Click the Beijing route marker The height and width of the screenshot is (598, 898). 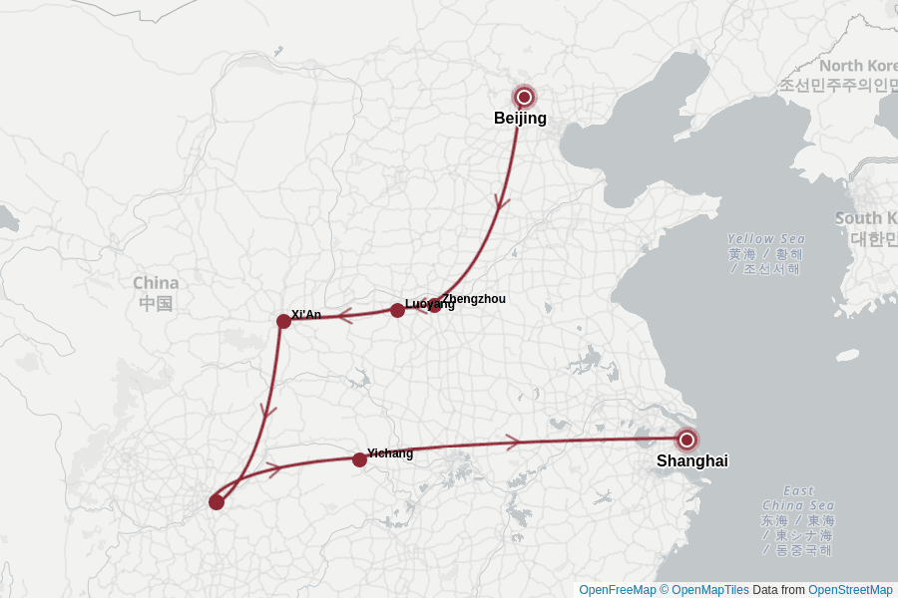coord(524,97)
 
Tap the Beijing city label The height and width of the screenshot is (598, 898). coord(520,119)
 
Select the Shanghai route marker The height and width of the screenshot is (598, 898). coord(686,440)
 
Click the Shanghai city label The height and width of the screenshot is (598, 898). coord(691,461)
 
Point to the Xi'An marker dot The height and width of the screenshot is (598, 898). coord(283,321)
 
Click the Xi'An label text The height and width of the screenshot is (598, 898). coord(306,315)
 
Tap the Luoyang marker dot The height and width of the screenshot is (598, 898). coord(397,310)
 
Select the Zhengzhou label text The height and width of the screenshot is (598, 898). coord(474,299)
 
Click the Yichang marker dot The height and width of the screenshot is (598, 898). coord(359,459)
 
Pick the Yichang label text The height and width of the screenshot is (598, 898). coord(390,453)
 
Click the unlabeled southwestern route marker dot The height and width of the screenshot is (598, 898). coord(217,501)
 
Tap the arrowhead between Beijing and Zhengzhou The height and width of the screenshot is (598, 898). coord(502,201)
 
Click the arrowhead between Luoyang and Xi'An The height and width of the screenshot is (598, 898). coord(345,317)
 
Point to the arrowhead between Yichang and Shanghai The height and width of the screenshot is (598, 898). coord(513,442)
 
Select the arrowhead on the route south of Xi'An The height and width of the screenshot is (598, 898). coord(267,409)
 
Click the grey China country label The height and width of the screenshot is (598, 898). coord(156,293)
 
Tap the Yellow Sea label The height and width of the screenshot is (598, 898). coord(765,239)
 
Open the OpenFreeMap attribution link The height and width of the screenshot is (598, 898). coord(617,590)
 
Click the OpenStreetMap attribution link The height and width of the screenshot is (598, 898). coord(850,590)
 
